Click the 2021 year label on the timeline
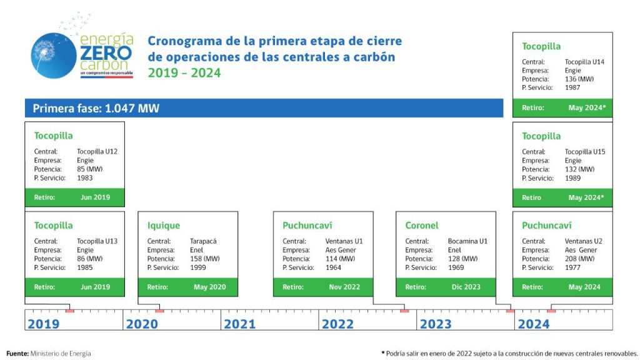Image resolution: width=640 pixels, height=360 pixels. (x=239, y=324)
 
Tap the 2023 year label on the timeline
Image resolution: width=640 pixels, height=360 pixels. (x=436, y=324)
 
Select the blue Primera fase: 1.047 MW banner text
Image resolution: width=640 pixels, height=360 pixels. (x=96, y=109)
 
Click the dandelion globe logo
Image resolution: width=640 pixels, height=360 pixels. (x=54, y=56)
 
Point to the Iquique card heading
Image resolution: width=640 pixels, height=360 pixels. (x=163, y=226)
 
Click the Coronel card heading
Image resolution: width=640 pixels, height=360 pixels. (x=422, y=225)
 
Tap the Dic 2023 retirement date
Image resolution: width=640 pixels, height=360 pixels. (x=466, y=287)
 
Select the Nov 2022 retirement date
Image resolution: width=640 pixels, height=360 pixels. (x=344, y=287)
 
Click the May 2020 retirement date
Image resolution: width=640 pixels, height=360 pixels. (x=209, y=287)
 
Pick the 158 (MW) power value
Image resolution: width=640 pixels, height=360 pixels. (x=204, y=259)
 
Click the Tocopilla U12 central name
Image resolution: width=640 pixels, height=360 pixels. (x=97, y=151)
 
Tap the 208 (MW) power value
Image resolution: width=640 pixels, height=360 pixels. (x=579, y=259)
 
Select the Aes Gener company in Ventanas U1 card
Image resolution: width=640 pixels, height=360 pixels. (x=341, y=250)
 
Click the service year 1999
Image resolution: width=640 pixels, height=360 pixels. (x=198, y=267)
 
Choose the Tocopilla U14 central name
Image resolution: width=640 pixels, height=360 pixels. (x=584, y=62)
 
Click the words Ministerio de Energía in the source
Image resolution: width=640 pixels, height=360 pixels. (x=61, y=354)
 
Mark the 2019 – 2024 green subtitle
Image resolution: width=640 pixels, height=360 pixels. (x=184, y=73)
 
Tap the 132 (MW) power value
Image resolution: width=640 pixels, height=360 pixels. (x=579, y=169)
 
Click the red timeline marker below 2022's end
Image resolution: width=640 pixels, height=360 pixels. (x=404, y=311)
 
